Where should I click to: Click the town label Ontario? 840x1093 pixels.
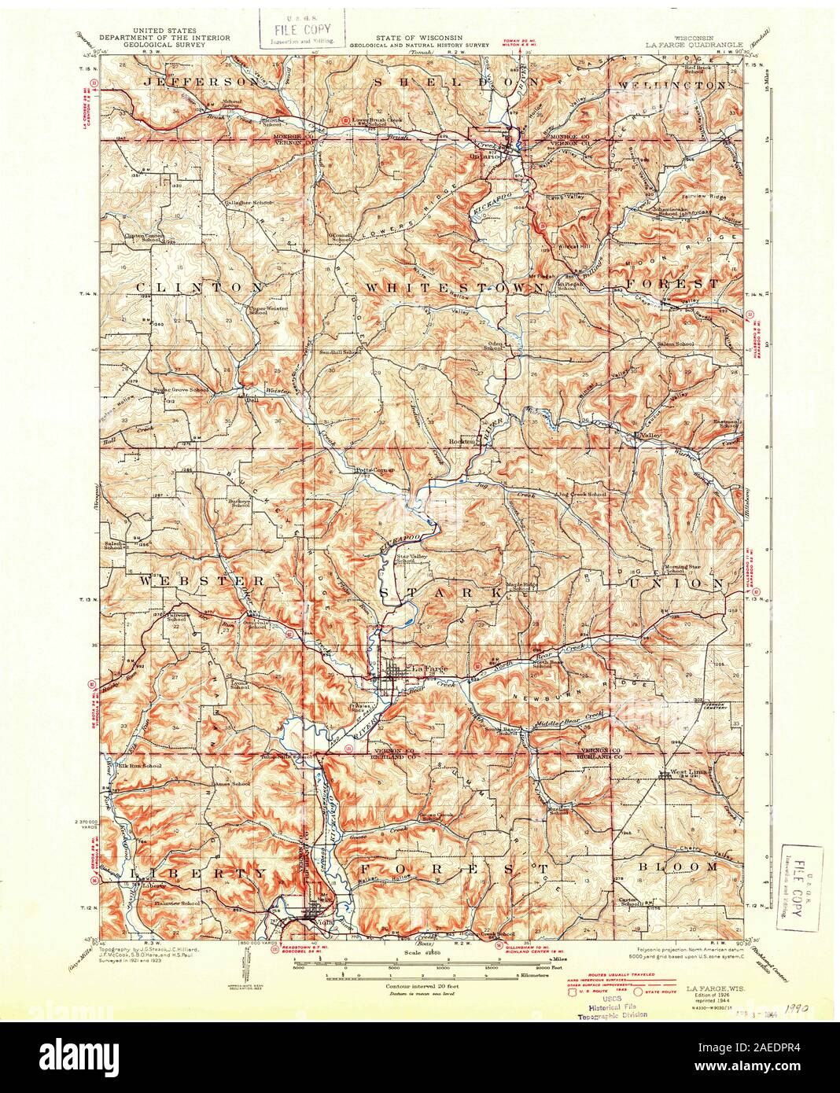click(485, 155)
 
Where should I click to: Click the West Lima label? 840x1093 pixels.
click(687, 773)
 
